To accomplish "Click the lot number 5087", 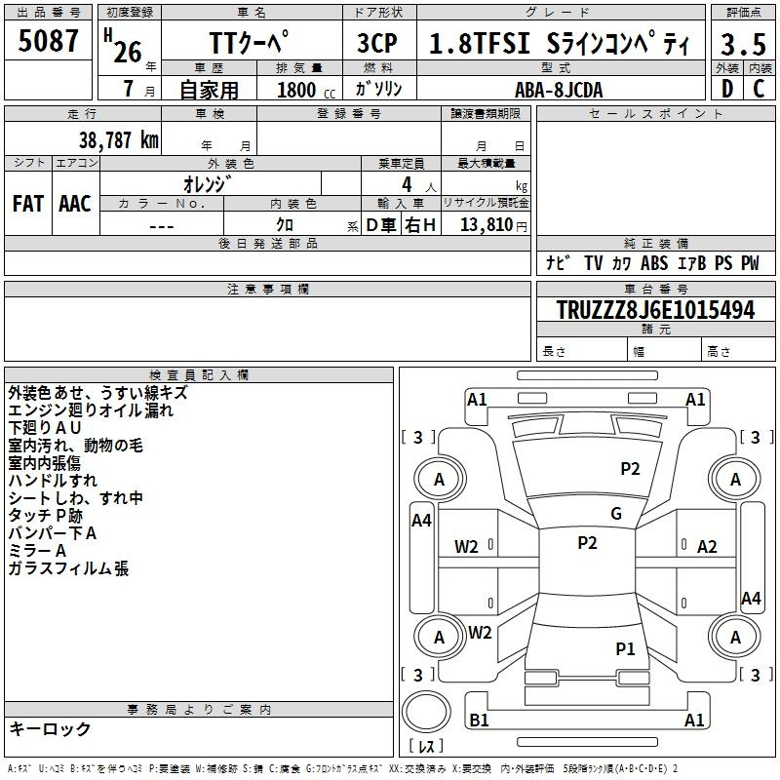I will tap(49, 41).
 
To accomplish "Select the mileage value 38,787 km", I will tap(118, 139).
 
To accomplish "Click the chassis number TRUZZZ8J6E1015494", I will tap(655, 310).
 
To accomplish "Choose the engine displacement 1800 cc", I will tap(298, 90).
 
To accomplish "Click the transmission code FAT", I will tap(27, 203).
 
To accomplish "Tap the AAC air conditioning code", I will tap(74, 203).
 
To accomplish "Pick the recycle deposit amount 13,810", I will tap(485, 224).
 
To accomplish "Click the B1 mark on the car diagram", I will tap(479, 721).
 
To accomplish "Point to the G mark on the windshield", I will tap(616, 514).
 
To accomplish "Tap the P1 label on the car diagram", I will tap(625, 647).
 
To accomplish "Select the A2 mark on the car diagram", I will tap(707, 547).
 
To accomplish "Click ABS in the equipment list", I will tap(654, 263).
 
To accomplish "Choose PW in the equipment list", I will tap(749, 263).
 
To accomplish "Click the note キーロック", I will tap(50, 728).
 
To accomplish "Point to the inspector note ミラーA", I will tap(38, 551).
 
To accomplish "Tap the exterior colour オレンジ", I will tap(205, 183).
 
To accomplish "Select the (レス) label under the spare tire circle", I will tap(426, 747).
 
